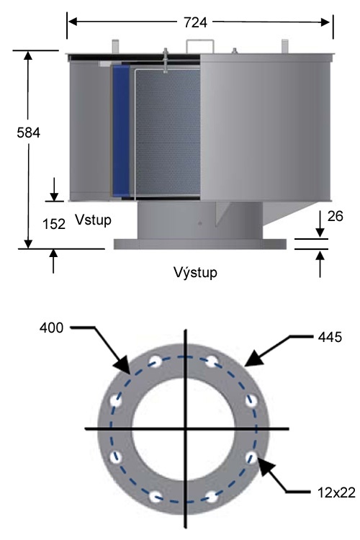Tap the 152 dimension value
tap(54, 224)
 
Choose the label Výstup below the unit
tap(195, 273)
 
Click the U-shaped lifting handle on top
tap(199, 45)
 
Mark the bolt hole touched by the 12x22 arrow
tap(252, 456)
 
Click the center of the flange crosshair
tap(186, 429)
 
